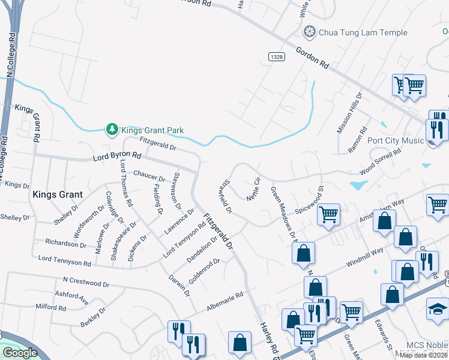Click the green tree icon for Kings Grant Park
coord(112,130)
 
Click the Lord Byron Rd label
coord(116,157)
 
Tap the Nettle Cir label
coord(253,188)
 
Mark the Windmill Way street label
coord(364,256)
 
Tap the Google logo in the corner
coord(20,353)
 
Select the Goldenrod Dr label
coord(205,272)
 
